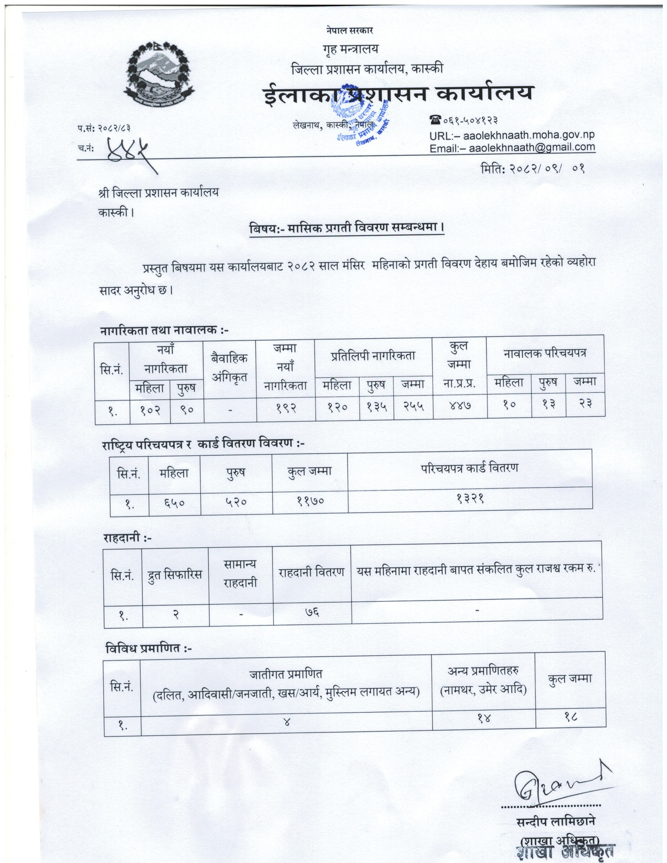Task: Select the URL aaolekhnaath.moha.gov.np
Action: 528,135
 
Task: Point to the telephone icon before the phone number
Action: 435,119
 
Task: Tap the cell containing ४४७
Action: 460,405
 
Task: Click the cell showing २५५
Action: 413,406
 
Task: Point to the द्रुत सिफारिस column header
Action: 175,574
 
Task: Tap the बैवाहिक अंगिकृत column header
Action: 229,367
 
